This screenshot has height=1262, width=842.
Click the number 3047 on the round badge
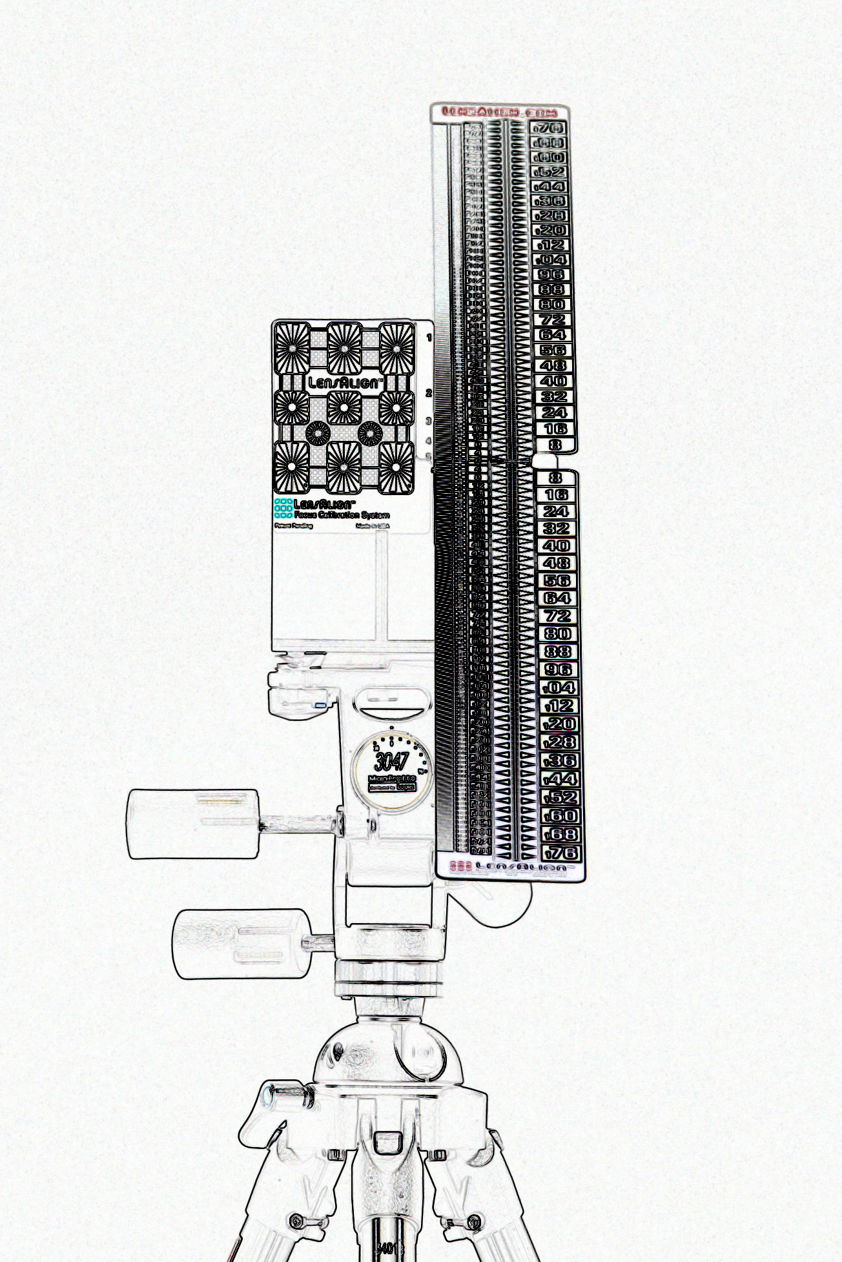[x=391, y=761]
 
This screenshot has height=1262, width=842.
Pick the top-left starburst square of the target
[x=293, y=347]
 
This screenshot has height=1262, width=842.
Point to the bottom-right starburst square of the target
[x=396, y=467]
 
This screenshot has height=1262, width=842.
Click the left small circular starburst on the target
[x=317, y=433]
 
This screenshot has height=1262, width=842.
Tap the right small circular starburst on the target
[x=371, y=433]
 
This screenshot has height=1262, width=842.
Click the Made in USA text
[x=373, y=527]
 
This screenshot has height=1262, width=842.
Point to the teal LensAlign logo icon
[x=282, y=509]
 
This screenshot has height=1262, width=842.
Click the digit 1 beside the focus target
[x=429, y=338]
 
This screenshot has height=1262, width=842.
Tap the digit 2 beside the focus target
[x=428, y=392]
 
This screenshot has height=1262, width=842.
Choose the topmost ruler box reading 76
[x=549, y=128]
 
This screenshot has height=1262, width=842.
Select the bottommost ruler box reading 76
[x=559, y=852]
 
